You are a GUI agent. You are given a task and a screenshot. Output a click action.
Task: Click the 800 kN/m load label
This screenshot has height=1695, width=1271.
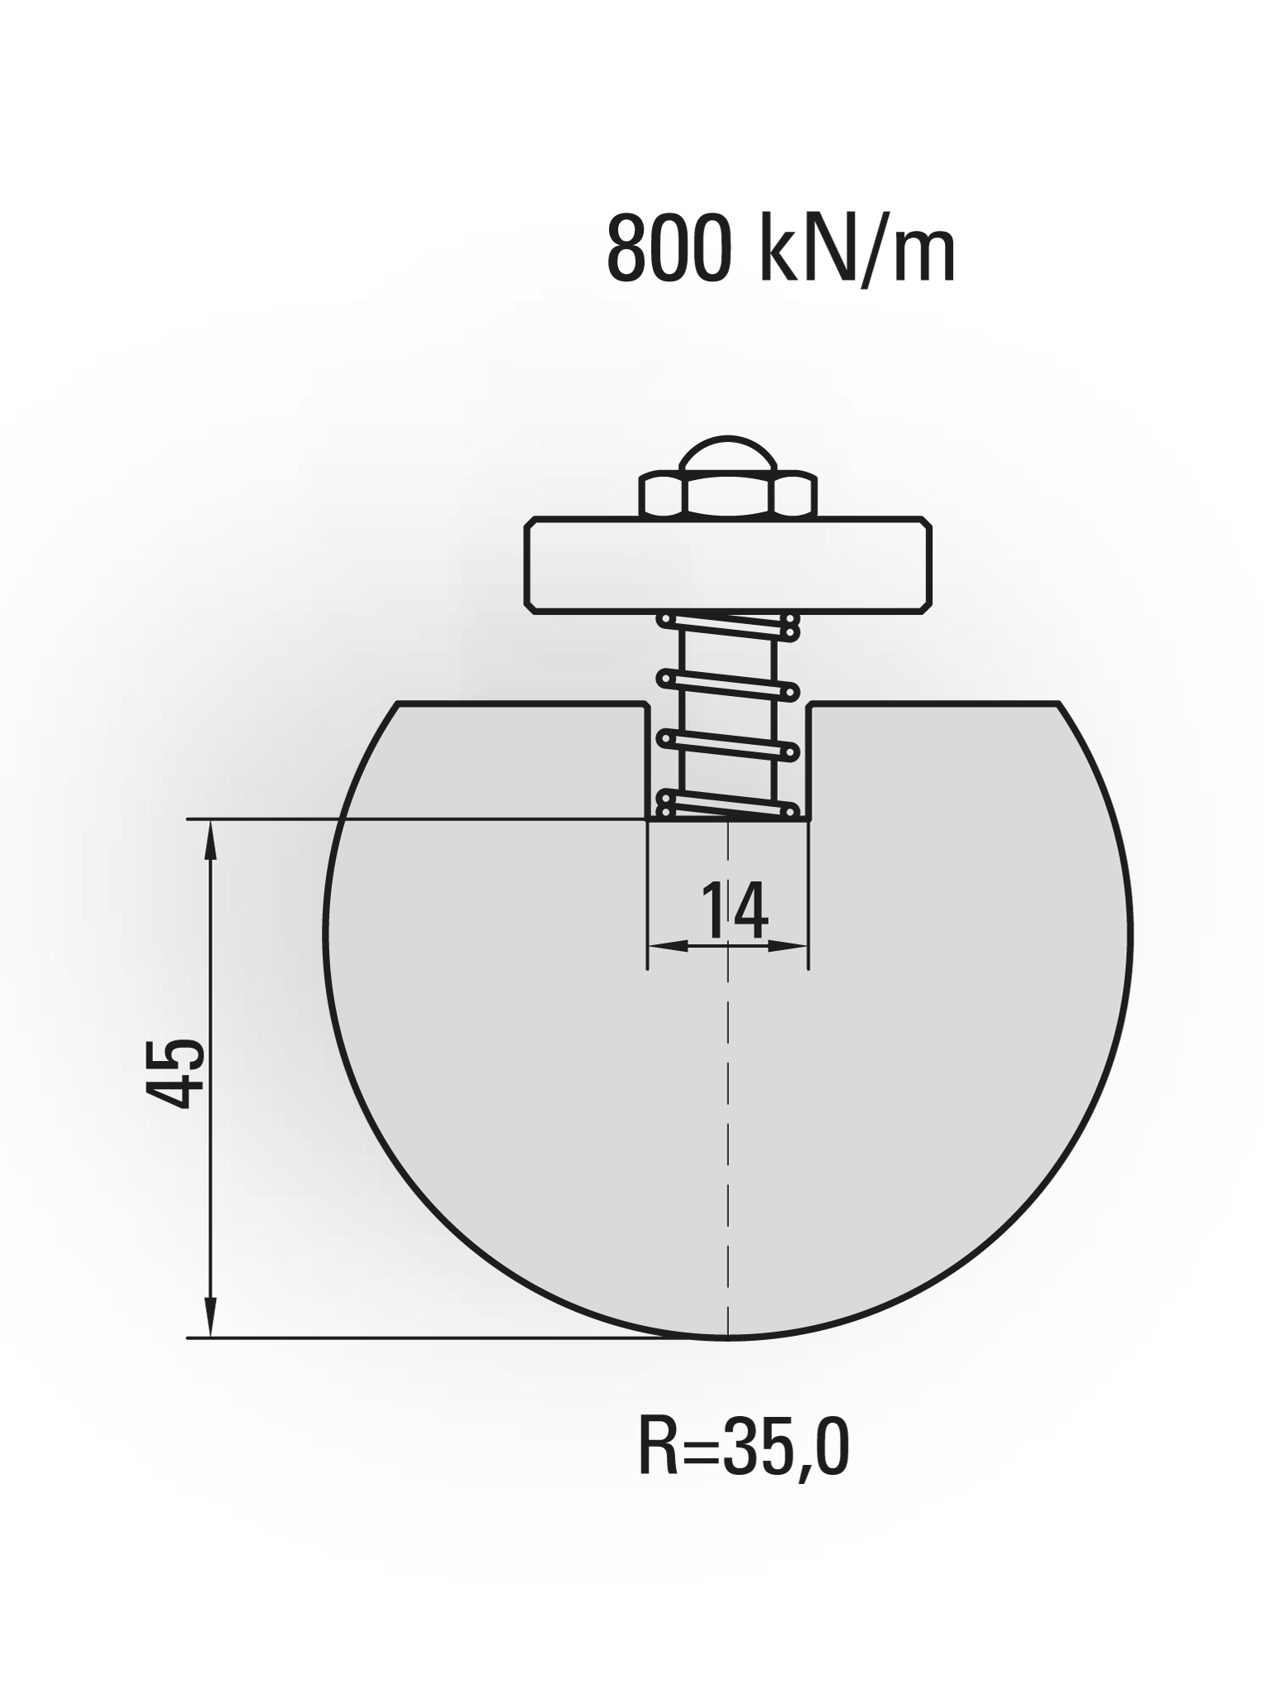click(x=781, y=249)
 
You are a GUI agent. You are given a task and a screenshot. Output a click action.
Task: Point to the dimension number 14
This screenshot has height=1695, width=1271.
click(x=735, y=910)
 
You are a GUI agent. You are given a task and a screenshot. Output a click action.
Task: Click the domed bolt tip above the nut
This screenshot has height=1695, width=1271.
click(x=727, y=455)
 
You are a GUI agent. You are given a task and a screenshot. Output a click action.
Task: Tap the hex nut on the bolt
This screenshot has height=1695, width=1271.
click(x=728, y=494)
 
